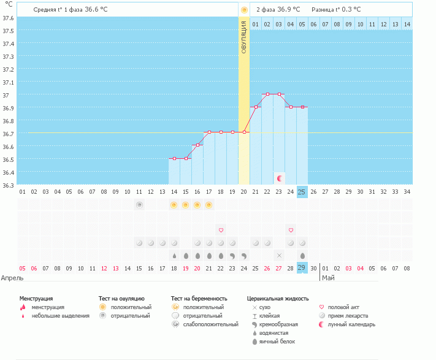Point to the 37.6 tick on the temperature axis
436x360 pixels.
(8, 18)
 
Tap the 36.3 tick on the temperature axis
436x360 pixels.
(8, 185)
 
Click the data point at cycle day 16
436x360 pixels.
(197, 145)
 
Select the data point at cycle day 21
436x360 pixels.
(256, 107)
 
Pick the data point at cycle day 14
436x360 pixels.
(174, 158)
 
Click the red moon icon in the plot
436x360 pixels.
(280, 178)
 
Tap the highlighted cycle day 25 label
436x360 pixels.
(302, 192)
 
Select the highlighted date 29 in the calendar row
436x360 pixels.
(302, 268)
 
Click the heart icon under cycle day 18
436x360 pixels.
(221, 230)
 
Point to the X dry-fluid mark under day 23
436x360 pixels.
(279, 255)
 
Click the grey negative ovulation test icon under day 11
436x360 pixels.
(139, 205)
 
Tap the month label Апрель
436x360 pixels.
(13, 278)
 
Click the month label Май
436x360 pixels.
(329, 278)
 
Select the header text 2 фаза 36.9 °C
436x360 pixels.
(278, 10)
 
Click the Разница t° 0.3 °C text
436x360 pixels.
(336, 10)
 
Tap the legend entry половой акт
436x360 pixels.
(344, 307)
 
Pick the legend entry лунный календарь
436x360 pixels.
(351, 324)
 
